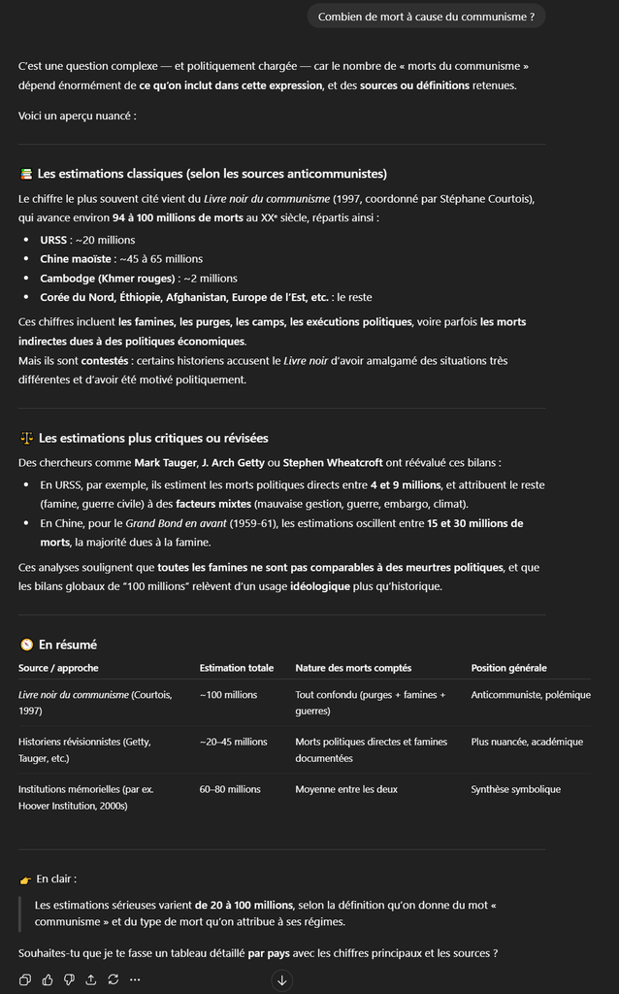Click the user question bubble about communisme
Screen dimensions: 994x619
point(426,17)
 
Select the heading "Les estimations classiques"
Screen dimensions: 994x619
point(212,174)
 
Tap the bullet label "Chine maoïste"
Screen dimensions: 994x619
point(76,259)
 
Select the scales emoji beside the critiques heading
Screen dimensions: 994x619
point(26,439)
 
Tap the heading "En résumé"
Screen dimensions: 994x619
point(67,645)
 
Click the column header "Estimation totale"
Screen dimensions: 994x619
point(236,668)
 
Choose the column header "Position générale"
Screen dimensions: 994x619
point(508,668)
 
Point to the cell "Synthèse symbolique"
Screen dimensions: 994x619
point(515,789)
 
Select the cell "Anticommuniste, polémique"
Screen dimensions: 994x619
point(531,695)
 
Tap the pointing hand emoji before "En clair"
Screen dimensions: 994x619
point(26,879)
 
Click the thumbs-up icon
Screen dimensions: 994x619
point(48,979)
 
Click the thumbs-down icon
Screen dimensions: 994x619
point(69,979)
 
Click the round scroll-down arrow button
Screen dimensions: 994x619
point(282,979)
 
